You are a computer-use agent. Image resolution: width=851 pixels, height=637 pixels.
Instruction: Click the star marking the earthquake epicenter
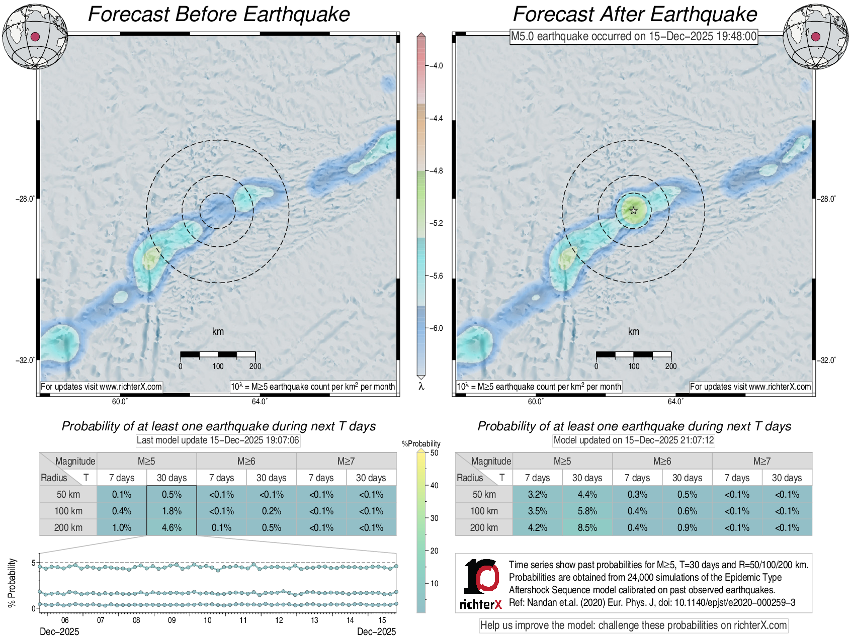click(633, 211)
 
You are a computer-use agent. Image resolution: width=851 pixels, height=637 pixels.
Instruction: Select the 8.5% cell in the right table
click(587, 527)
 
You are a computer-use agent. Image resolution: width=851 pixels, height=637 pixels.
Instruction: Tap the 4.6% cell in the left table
click(172, 527)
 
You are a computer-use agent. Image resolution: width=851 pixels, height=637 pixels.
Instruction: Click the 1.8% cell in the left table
click(172, 511)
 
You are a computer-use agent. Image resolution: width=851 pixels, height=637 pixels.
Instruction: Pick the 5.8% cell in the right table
click(587, 511)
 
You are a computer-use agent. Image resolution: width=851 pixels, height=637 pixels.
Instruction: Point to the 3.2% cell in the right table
click(537, 494)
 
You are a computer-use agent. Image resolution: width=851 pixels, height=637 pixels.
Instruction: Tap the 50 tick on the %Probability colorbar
click(434, 452)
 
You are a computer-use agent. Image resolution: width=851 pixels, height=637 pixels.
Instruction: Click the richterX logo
click(481, 584)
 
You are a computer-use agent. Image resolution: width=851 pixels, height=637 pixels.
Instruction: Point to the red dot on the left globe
click(35, 36)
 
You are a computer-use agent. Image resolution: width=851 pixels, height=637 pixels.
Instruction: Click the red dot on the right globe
click(816, 36)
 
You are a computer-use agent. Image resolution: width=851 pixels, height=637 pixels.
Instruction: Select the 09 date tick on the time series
click(172, 620)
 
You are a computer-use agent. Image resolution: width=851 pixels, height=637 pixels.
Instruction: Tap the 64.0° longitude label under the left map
click(260, 401)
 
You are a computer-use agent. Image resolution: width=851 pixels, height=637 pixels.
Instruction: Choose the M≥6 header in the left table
click(246, 461)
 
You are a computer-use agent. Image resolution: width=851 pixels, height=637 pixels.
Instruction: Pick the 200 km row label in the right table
click(484, 527)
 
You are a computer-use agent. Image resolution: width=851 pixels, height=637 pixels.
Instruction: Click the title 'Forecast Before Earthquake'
click(219, 14)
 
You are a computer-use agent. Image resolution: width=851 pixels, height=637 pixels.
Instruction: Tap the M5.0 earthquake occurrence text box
click(633, 36)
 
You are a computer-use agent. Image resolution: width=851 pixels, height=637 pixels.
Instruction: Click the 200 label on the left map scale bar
click(255, 366)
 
